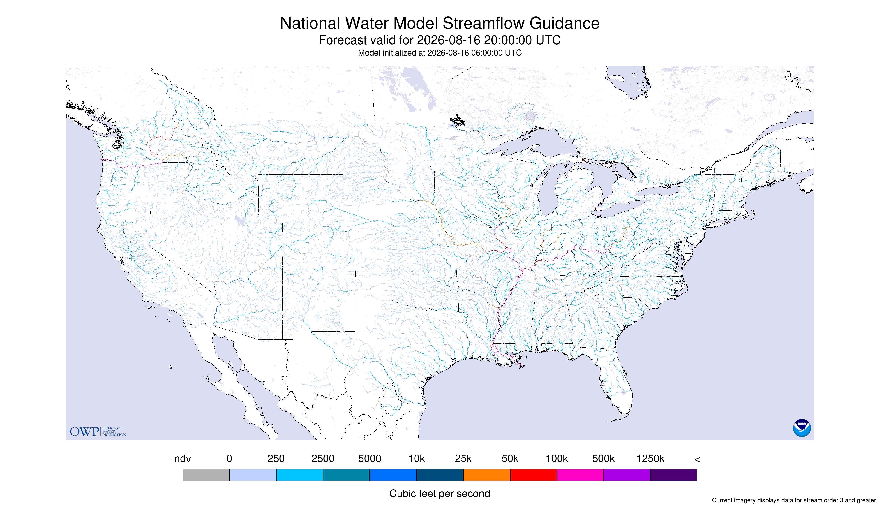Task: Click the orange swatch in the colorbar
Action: tap(486, 475)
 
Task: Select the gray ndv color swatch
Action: tap(206, 475)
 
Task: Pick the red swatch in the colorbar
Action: tap(533, 475)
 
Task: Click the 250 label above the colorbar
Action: tap(276, 459)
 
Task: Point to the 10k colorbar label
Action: tap(417, 459)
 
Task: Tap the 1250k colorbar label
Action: tap(650, 459)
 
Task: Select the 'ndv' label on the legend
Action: tap(183, 459)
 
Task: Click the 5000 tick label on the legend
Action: tap(370, 459)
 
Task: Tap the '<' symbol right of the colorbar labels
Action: tap(697, 459)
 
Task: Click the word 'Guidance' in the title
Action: tap(565, 23)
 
